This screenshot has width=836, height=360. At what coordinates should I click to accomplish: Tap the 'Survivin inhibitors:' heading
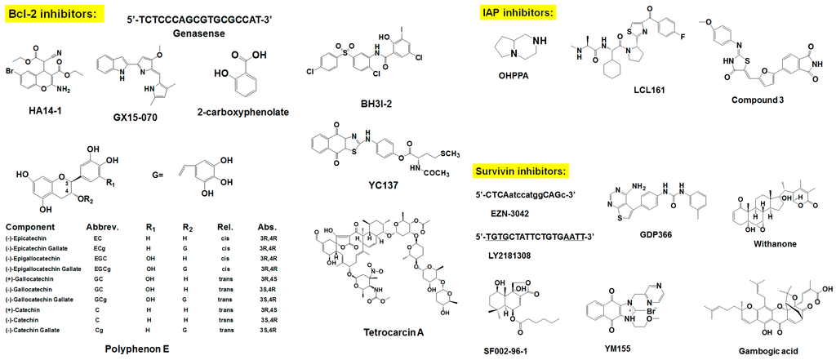(x=521, y=172)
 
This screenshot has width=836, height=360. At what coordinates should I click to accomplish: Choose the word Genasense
(x=201, y=33)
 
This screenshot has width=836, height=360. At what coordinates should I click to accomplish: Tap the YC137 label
(x=383, y=186)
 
